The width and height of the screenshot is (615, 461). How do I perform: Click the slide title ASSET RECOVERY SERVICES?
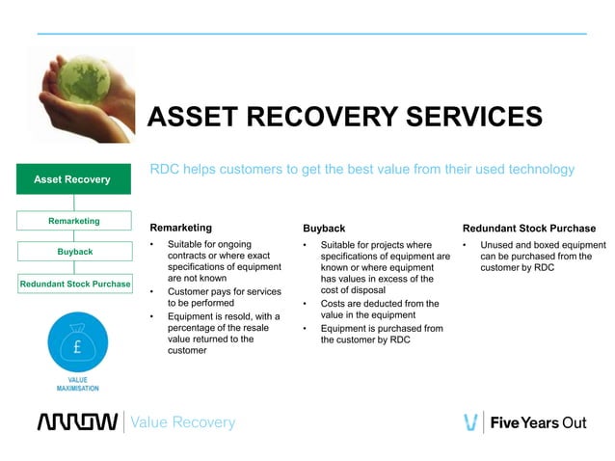click(x=344, y=117)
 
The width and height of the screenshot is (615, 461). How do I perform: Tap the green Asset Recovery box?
click(x=72, y=179)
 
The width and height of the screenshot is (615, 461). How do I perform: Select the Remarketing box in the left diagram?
click(x=73, y=221)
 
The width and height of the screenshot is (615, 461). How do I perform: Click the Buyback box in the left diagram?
click(x=73, y=252)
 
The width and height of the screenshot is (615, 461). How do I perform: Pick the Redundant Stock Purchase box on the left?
click(x=73, y=285)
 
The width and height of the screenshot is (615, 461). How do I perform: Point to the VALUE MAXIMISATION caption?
click(x=77, y=384)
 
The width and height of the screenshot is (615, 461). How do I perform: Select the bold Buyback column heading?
click(x=324, y=229)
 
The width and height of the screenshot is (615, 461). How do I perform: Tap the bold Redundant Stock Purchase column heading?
click(x=528, y=229)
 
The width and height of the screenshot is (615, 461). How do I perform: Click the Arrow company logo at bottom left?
click(x=77, y=422)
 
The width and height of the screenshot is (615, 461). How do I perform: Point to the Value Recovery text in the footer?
click(x=182, y=422)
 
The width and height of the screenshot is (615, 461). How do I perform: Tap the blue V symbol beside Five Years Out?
click(x=470, y=422)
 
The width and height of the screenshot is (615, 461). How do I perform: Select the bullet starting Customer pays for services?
click(x=224, y=297)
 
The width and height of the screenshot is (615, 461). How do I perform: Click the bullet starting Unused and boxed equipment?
click(x=542, y=257)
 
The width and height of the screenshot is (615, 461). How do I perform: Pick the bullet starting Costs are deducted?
click(x=379, y=310)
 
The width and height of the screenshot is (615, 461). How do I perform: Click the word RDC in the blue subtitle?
click(x=165, y=170)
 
